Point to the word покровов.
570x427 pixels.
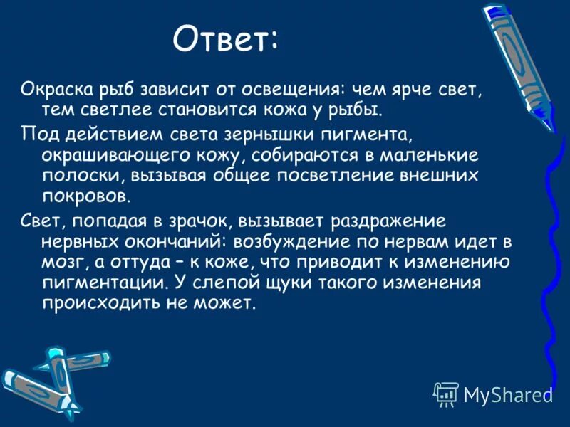[85, 196]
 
